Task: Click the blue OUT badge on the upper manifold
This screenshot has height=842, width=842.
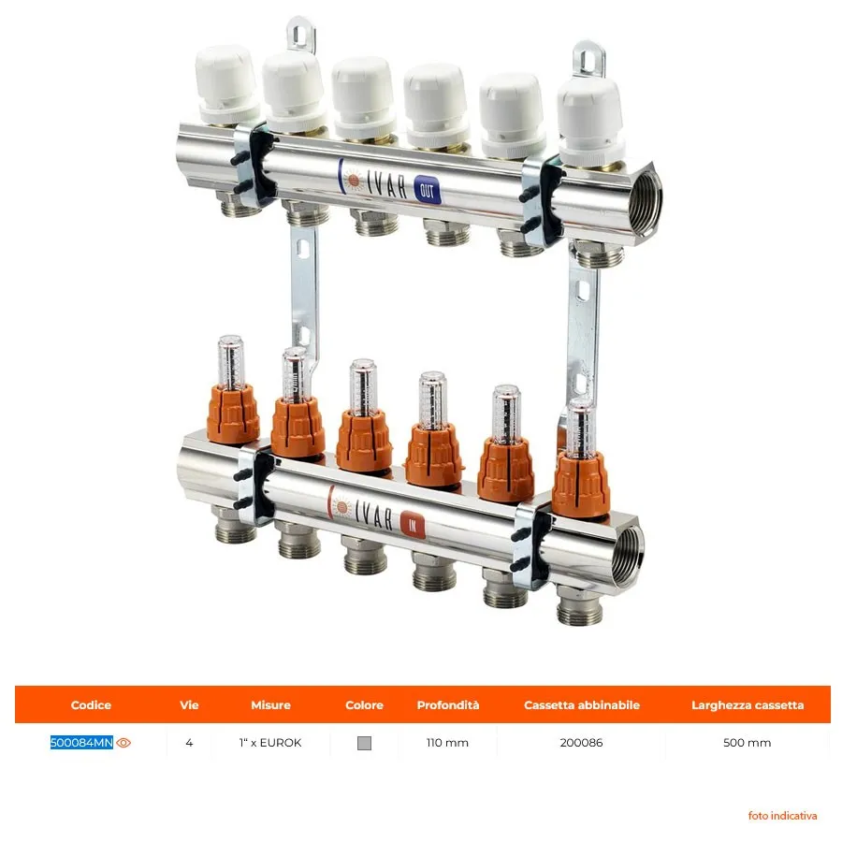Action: [428, 191]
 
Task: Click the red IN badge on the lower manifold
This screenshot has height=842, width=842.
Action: [413, 525]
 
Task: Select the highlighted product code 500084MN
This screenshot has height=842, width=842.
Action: [81, 743]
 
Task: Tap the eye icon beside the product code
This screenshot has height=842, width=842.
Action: [123, 743]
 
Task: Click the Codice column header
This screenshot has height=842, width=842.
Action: [91, 705]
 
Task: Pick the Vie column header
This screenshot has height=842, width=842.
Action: [189, 705]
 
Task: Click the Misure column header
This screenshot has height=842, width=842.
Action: [270, 705]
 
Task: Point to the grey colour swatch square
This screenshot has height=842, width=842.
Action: [364, 743]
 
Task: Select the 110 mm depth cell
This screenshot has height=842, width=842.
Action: [447, 743]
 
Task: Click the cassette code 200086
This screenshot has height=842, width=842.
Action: [582, 743]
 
